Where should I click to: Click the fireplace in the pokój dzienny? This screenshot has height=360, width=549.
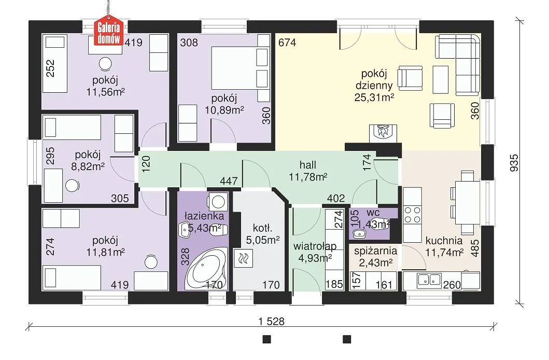click(384, 133)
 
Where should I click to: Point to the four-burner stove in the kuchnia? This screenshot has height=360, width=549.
click(412, 215)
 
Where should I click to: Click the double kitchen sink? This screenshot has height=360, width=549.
click(429, 280)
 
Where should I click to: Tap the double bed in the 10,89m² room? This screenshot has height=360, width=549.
click(240, 68)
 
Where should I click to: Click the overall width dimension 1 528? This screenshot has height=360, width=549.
click(271, 321)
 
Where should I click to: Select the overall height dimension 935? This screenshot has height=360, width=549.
click(514, 163)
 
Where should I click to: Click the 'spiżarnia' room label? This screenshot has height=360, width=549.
click(375, 251)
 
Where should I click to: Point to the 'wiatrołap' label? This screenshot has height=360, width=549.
click(315, 246)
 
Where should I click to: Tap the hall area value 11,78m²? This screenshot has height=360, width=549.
click(308, 177)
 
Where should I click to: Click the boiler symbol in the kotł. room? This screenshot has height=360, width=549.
click(243, 259)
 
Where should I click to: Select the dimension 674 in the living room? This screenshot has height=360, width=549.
click(287, 43)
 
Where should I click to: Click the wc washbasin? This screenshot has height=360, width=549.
click(358, 233)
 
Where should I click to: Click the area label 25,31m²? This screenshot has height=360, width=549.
click(374, 97)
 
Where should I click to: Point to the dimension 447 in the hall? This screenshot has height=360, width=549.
click(229, 181)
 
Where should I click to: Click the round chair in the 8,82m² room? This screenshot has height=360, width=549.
click(73, 185)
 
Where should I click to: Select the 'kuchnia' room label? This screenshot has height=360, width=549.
click(444, 241)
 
